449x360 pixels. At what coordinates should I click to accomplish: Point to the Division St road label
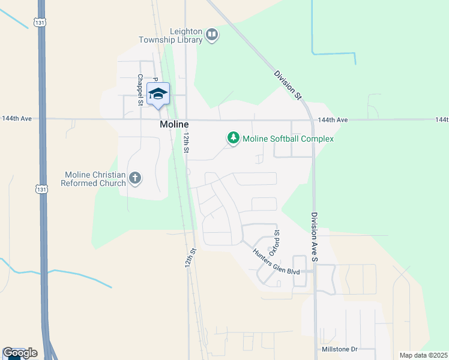click(287, 85)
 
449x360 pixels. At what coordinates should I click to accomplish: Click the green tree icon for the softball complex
click(233, 139)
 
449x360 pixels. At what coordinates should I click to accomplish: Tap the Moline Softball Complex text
click(288, 139)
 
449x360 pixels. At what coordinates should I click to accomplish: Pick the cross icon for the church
click(136, 178)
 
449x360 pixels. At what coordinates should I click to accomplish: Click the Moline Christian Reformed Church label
click(95, 179)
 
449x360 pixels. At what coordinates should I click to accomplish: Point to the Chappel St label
click(139, 90)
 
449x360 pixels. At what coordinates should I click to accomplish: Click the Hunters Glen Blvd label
click(276, 262)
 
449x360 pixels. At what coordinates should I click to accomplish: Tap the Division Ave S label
click(314, 236)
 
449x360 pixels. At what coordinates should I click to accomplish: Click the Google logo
click(19, 353)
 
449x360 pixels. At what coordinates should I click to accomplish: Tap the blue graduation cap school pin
click(158, 95)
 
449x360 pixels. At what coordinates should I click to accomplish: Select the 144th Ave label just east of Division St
click(333, 120)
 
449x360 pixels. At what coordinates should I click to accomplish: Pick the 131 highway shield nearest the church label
click(41, 188)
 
